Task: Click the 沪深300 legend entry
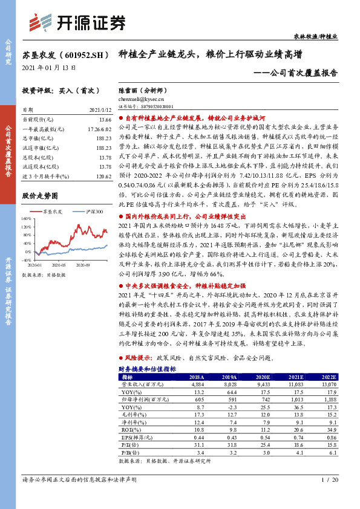pos(94,212)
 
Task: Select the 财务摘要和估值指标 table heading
pos(147,368)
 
